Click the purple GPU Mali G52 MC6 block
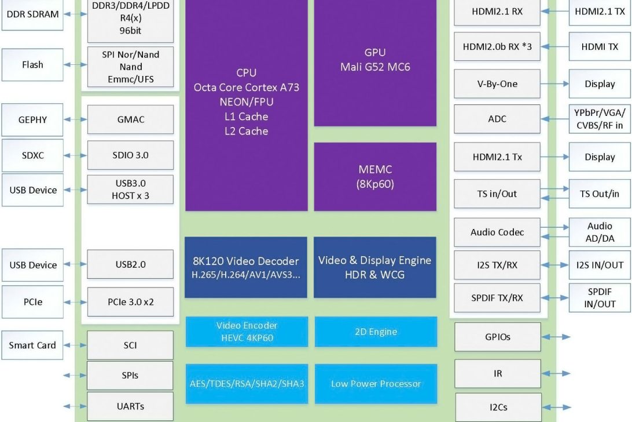[375, 61]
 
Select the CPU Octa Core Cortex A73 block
[247, 104]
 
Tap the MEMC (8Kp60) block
[375, 177]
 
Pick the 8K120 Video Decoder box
[246, 267]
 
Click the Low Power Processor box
[376, 384]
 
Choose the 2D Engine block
[376, 332]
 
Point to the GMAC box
[130, 120]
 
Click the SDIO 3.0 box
[130, 155]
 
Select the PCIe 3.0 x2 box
[130, 301]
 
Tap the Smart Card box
[32, 345]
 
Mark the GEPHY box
[32, 120]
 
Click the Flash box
[32, 65]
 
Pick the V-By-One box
[497, 84]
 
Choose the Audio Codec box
[497, 232]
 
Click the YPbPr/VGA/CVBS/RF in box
[600, 119]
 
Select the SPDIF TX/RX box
[497, 298]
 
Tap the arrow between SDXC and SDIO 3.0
[75, 155]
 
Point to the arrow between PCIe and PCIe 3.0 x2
[75, 302]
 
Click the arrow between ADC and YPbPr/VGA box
[554, 119]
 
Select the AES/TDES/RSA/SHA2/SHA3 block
[247, 384]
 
